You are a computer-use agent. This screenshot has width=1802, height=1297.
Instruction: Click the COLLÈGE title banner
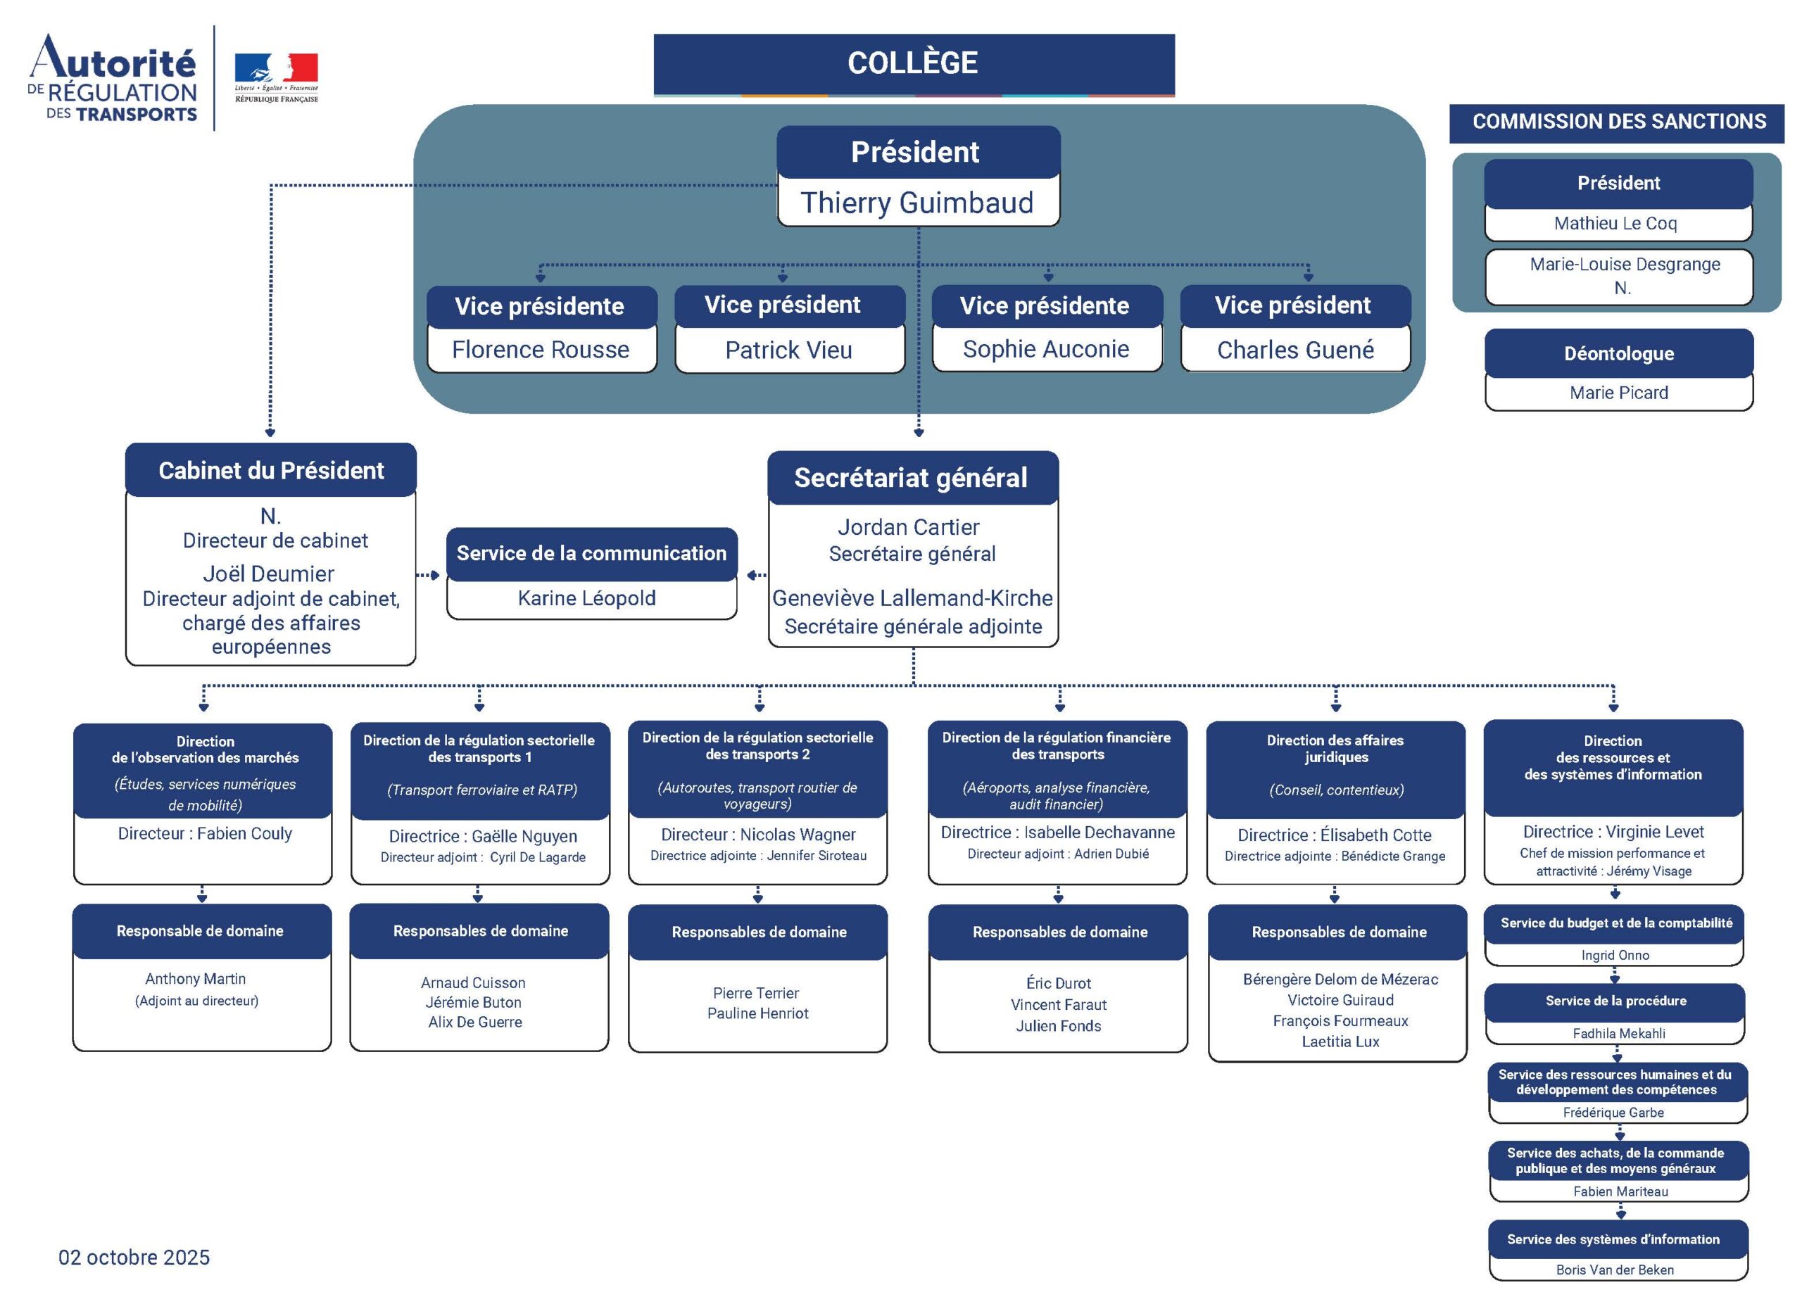tap(913, 63)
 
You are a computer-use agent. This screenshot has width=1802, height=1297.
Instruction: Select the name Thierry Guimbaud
tap(917, 203)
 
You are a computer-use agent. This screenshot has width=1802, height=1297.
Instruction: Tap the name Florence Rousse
tap(541, 350)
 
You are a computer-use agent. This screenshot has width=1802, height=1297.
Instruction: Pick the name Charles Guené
tap(1295, 350)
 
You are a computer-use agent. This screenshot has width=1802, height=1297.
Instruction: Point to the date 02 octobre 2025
tap(134, 1258)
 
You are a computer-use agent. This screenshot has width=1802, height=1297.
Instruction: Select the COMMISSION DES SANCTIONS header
tap(1618, 122)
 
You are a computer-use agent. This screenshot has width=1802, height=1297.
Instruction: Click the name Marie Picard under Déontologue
tap(1618, 393)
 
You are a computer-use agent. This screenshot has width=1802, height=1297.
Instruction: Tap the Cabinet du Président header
tap(271, 470)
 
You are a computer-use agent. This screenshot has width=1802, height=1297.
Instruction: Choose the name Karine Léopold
tap(586, 598)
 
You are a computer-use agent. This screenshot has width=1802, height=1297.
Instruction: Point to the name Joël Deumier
tap(269, 574)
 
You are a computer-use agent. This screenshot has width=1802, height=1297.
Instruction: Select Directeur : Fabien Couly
tap(205, 833)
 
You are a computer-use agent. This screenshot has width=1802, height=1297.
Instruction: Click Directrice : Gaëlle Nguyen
tap(482, 836)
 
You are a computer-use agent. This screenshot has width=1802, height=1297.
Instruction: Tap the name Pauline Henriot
tap(758, 1013)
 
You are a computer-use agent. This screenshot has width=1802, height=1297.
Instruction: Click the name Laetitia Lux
tap(1340, 1042)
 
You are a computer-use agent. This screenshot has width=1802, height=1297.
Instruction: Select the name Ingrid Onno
tap(1615, 955)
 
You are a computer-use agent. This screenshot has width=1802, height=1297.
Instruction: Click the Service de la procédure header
tap(1615, 1001)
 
